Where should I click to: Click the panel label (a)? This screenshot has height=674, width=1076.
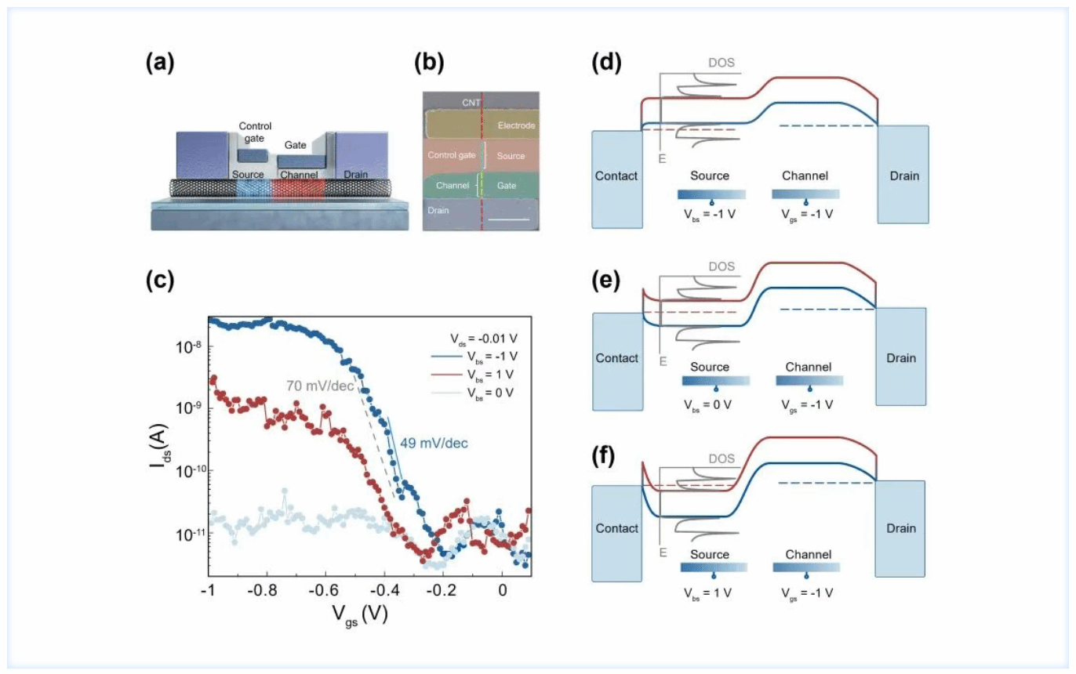160,63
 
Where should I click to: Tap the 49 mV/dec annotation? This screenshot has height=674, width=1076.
434,443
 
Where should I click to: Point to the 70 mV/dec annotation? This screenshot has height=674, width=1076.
320,386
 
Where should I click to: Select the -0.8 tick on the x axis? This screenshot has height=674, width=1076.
262,590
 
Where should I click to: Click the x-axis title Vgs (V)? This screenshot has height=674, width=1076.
360,615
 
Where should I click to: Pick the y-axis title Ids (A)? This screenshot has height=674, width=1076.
159,446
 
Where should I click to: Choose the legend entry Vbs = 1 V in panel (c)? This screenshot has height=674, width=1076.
490,375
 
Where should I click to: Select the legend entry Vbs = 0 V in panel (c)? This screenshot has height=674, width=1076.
490,393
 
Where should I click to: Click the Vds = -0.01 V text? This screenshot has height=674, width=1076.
484,339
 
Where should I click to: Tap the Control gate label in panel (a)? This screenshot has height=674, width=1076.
255,132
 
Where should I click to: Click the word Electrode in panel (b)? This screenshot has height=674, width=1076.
516,125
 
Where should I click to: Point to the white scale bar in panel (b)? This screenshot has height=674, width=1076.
508,220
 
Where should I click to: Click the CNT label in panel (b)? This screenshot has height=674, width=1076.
471,103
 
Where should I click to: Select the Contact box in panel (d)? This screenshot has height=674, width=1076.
616,179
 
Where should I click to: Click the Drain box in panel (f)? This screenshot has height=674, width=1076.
900,528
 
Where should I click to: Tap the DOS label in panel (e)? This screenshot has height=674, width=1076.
722,266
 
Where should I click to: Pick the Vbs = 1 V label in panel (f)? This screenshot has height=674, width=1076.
707,593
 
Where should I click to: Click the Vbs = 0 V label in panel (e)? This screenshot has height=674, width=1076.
707,405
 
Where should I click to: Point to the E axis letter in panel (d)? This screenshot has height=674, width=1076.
662,158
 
